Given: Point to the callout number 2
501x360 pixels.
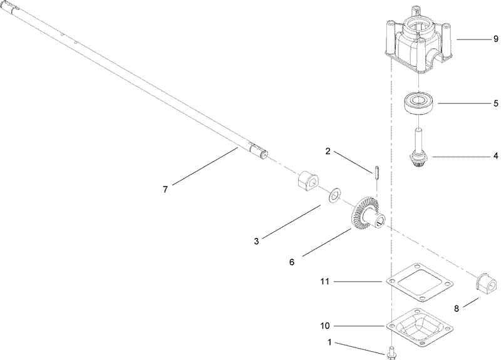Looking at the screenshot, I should [327, 152].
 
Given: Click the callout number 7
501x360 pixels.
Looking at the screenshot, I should [165, 190].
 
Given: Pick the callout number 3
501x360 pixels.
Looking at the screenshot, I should [257, 240].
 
